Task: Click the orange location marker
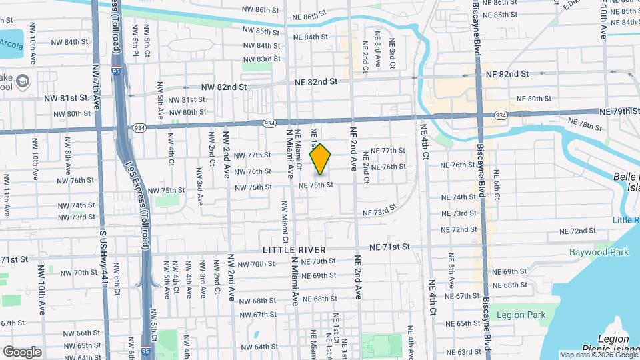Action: [321, 159]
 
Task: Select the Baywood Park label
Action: [599, 253]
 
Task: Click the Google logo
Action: [22, 351]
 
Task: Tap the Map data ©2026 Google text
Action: [598, 355]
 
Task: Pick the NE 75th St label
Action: [315, 185]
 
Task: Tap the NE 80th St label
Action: [531, 99]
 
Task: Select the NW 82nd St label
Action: [224, 87]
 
